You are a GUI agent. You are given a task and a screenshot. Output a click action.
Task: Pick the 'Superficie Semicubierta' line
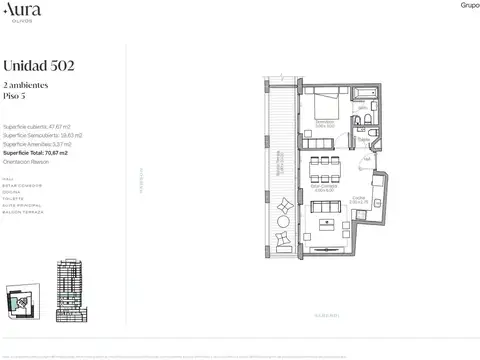coord(43,136)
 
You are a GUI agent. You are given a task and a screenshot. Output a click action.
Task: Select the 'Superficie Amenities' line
coord(41,144)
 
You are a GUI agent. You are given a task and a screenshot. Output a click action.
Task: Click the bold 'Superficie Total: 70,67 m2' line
coord(42,152)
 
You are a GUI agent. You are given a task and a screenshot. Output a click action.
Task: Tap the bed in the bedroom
coord(325,104)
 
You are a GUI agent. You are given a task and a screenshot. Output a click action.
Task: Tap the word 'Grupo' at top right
coord(469,5)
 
